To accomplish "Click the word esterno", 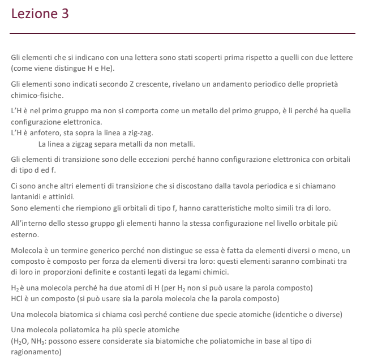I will click(25, 234).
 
